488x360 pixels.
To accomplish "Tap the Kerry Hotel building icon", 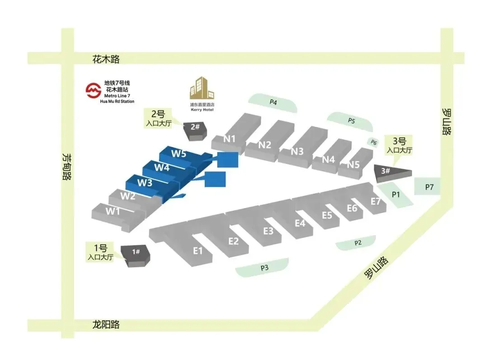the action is [x=202, y=89].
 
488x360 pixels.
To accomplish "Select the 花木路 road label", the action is [x=106, y=59].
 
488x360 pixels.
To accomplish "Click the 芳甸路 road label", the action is [x=67, y=166].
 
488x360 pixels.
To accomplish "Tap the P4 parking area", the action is [x=273, y=103].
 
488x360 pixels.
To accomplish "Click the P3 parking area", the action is [x=264, y=268].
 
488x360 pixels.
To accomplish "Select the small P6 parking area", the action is [x=374, y=142].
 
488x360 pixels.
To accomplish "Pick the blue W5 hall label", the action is [x=178, y=153].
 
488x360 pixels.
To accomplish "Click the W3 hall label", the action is [x=145, y=183].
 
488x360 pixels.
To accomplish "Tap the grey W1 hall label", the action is [x=113, y=211].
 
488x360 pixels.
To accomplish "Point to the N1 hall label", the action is [x=230, y=138].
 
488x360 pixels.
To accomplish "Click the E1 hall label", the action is [x=197, y=251].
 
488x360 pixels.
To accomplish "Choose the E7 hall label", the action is [x=375, y=201].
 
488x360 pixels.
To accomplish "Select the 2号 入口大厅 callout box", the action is [x=158, y=118].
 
